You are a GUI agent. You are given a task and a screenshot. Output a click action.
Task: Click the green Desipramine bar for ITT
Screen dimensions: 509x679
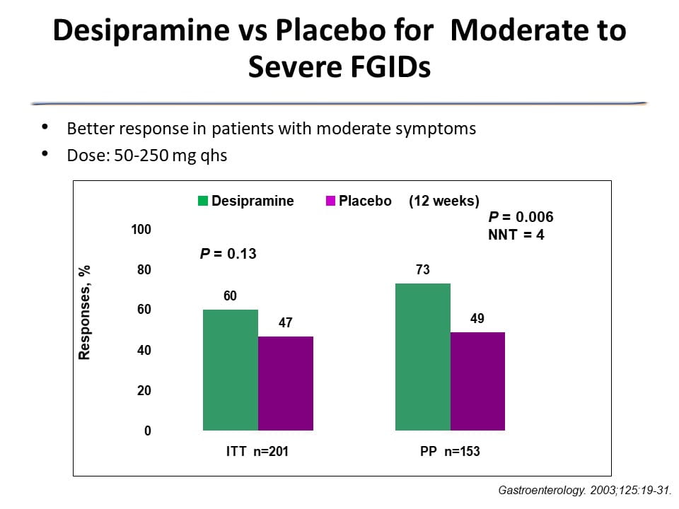click(x=231, y=370)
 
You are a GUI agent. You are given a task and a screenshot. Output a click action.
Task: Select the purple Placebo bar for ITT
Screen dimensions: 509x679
click(x=286, y=383)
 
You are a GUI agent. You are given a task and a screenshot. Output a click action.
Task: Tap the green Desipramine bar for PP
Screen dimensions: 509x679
click(x=423, y=356)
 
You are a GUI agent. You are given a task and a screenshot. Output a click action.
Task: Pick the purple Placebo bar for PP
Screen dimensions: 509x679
click(x=477, y=381)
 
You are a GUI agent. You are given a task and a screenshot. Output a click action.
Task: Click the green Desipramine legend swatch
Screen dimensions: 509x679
click(x=203, y=201)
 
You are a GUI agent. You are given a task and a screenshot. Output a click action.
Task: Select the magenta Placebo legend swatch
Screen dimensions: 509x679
click(x=330, y=201)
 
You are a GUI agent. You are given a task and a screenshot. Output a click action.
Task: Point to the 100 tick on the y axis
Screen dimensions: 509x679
click(x=141, y=230)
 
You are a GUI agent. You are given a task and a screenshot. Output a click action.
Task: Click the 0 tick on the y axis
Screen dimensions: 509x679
click(x=147, y=431)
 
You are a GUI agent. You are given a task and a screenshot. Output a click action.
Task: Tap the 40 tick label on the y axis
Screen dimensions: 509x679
click(x=144, y=351)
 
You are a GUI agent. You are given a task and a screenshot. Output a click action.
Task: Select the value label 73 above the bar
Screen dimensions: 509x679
click(x=423, y=270)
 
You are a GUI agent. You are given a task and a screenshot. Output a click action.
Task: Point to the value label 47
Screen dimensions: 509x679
click(x=286, y=323)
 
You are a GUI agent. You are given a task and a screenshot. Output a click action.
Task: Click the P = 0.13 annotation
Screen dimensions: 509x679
click(x=228, y=253)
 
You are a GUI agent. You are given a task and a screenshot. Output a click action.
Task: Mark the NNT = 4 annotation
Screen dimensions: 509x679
click(x=516, y=235)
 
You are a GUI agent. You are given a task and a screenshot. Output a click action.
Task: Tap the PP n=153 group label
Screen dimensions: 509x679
click(x=450, y=451)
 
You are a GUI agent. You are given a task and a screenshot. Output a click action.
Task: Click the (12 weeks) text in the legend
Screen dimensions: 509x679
click(x=444, y=201)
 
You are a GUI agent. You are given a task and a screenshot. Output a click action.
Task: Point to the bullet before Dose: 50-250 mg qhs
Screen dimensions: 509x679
click(x=46, y=153)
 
